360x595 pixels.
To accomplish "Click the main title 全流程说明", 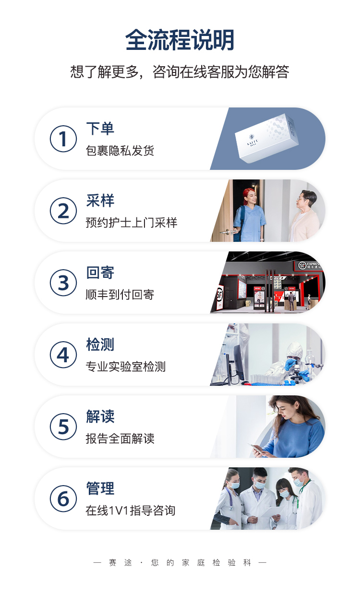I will click(x=180, y=40).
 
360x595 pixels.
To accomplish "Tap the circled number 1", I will click(x=63, y=139).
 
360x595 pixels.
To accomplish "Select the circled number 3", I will click(x=63, y=283).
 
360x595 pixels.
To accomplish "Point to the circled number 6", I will click(x=63, y=499).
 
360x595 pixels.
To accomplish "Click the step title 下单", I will click(x=100, y=129).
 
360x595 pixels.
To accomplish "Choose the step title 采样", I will click(x=100, y=201).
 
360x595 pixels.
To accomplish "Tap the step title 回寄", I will click(x=100, y=273).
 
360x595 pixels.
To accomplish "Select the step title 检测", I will click(x=100, y=345).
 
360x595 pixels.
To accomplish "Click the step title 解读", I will click(x=100, y=416).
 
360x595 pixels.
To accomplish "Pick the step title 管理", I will click(x=100, y=488).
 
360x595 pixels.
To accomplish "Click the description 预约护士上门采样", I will click(x=131, y=223).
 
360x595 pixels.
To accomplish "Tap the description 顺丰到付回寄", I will click(x=120, y=295).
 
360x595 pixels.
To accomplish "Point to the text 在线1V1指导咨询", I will click(x=130, y=511).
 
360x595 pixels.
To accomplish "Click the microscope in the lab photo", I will click(x=297, y=372).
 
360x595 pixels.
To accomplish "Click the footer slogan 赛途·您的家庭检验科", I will click(x=180, y=563).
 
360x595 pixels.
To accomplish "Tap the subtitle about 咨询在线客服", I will click(x=180, y=72).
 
